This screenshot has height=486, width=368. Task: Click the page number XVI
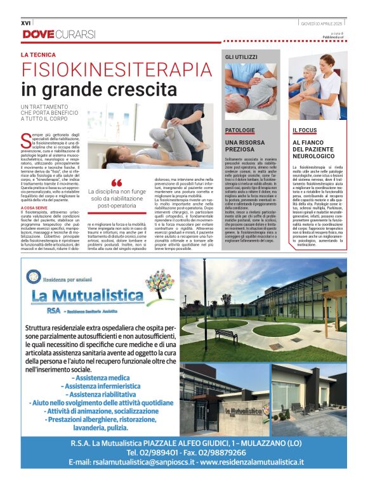pos(26,23)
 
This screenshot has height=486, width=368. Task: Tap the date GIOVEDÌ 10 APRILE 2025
pos(323,23)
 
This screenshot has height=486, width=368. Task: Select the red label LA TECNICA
pos(39,55)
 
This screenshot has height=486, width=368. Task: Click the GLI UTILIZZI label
pos(242,57)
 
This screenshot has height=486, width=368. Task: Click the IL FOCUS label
pos(305,130)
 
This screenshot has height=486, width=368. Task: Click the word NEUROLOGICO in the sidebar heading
pos(314,156)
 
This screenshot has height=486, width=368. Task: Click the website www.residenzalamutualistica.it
pos(253,463)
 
